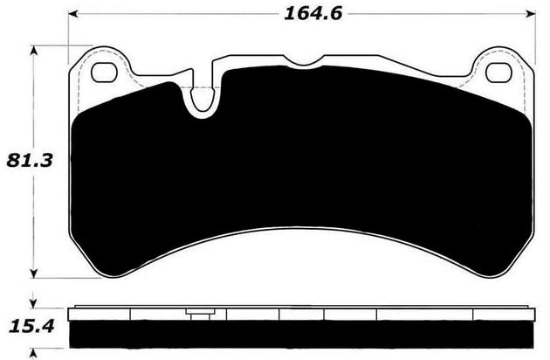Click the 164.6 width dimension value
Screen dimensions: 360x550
(299, 13)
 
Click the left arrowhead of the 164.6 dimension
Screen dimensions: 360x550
(73, 15)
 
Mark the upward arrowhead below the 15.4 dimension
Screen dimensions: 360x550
(34, 351)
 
